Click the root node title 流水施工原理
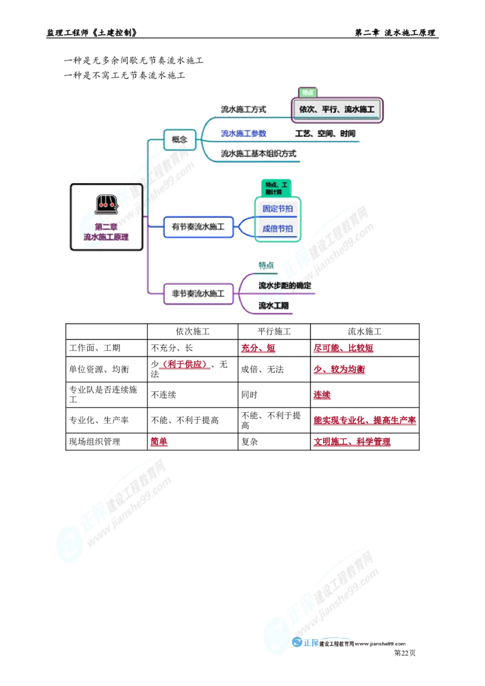coord(107,237)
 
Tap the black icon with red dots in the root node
coord(107,204)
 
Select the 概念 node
coord(179,140)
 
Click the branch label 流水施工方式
coord(243,110)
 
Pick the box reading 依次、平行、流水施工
coord(337,110)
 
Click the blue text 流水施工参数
coord(243,133)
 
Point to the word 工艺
coord(303,133)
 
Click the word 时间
coord(348,133)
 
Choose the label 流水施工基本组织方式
coord(259,154)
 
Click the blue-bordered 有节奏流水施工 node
coord(198,227)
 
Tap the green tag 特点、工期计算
coord(276,187)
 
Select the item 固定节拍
coord(278,208)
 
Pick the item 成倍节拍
coord(278,228)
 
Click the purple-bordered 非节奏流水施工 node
coord(198,294)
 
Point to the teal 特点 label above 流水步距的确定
coord(266,265)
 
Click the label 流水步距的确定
coord(285,285)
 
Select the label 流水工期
coord(273,305)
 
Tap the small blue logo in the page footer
coord(305,644)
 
